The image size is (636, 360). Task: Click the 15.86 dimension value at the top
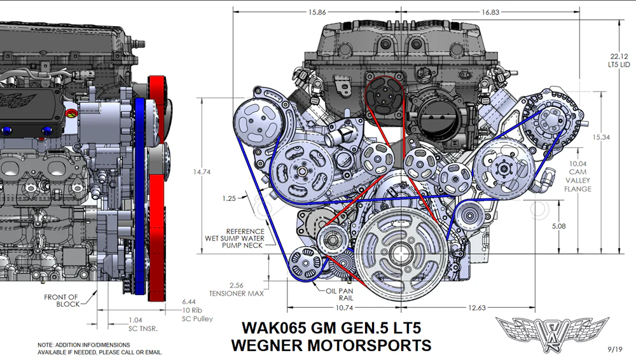tap(317, 12)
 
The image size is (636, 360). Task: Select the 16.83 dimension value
tap(490, 12)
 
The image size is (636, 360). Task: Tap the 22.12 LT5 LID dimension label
tap(619, 60)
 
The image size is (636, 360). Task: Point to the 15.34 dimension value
tap(601, 137)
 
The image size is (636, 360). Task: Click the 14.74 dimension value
tap(202, 172)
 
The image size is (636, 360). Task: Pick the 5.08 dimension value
tap(558, 226)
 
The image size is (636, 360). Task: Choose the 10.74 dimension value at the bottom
tap(344, 308)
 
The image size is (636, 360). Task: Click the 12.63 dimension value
tap(476, 308)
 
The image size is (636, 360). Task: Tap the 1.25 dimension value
tap(229, 198)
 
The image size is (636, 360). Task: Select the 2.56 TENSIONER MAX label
tap(236, 289)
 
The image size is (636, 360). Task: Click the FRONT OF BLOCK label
tap(61, 300)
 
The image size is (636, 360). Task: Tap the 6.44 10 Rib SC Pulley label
tap(197, 310)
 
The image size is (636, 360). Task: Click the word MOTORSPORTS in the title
tap(370, 345)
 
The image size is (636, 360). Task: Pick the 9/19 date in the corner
tap(615, 349)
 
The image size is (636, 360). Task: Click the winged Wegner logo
tap(552, 334)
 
